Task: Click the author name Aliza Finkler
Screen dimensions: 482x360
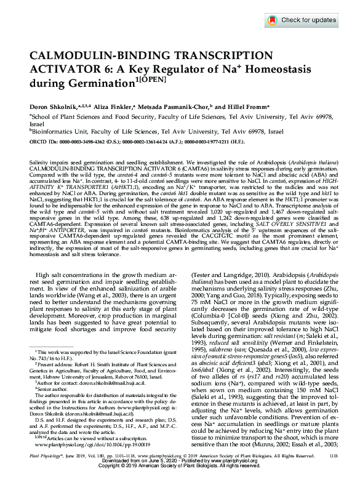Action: point(111,105)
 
